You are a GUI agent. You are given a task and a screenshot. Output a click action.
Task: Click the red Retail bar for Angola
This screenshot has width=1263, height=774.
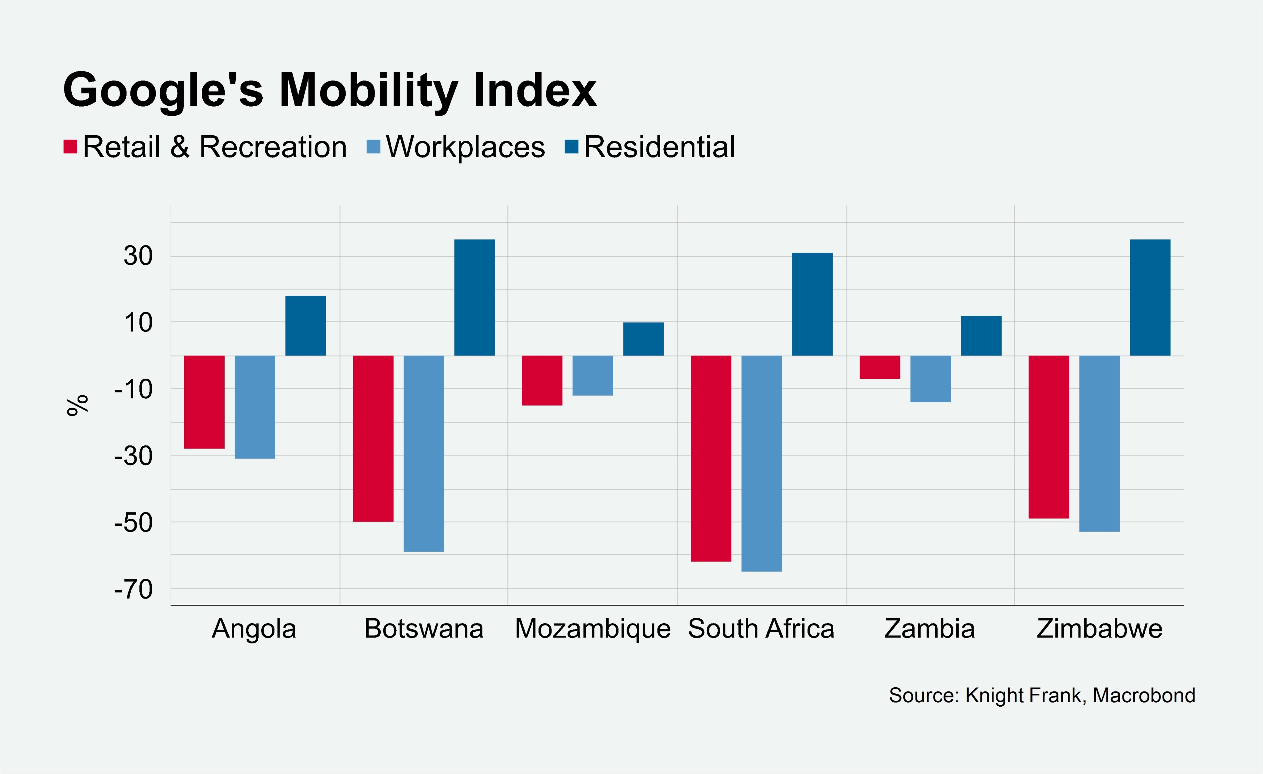(x=204, y=402)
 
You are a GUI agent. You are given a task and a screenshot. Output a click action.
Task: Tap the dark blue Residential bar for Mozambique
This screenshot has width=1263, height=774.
(x=643, y=339)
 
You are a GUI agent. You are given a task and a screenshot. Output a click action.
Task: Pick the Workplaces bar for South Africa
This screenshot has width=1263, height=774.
(x=762, y=463)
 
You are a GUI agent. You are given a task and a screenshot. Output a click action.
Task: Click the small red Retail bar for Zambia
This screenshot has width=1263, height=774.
(x=880, y=367)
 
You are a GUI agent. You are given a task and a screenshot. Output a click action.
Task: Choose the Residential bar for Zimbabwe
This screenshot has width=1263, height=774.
(x=1150, y=297)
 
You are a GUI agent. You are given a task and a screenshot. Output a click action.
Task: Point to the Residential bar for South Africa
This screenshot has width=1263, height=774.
(x=813, y=304)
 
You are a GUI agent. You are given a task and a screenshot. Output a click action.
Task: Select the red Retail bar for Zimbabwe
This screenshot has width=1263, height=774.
(x=1049, y=437)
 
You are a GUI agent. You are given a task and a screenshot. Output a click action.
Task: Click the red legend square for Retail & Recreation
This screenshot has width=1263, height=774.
(x=70, y=147)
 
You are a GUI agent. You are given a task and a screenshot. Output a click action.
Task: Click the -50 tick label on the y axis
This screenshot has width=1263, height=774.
(x=133, y=522)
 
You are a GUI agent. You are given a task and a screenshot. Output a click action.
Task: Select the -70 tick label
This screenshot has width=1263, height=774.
(x=133, y=589)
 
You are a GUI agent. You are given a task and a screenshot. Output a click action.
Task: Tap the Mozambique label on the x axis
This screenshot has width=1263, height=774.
(x=593, y=629)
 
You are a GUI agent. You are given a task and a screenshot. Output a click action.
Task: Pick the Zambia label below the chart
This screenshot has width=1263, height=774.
(x=929, y=629)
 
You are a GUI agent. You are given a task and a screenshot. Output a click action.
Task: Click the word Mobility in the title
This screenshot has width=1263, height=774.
(x=368, y=90)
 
